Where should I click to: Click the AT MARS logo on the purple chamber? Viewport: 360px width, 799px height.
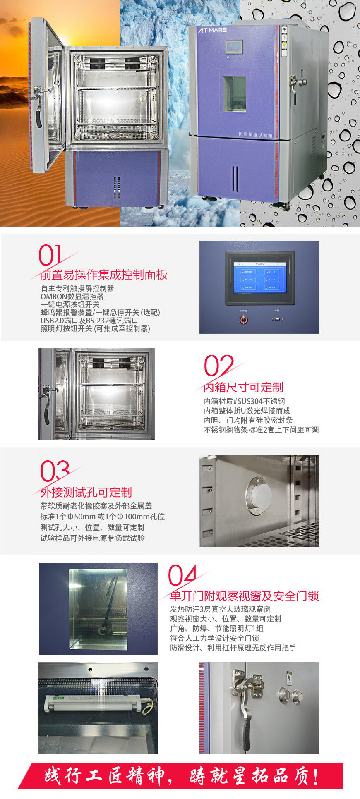[x=212, y=30]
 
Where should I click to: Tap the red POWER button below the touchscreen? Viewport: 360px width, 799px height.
[x=244, y=320]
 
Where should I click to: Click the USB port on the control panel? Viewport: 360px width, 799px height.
[x=277, y=319]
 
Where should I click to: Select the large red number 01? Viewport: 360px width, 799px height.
[x=50, y=256]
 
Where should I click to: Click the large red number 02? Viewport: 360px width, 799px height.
[x=218, y=366]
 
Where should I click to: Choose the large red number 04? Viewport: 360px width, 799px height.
[x=182, y=576]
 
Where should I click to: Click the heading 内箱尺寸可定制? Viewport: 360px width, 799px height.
[x=243, y=388]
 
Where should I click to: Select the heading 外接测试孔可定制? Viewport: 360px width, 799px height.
[x=86, y=492]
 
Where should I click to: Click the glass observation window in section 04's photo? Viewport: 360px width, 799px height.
[x=98, y=608]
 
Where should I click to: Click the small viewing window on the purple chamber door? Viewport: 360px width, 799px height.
[x=235, y=94]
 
